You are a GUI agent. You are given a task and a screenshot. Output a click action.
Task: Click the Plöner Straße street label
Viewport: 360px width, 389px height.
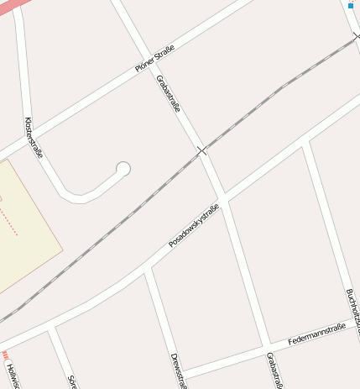click(155, 60)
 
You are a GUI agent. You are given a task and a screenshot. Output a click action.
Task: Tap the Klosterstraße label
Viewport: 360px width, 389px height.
click(34, 138)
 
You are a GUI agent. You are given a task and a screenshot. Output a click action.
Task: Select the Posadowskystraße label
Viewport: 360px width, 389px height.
click(193, 225)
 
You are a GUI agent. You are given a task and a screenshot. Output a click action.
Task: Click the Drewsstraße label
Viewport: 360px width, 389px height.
click(176, 371)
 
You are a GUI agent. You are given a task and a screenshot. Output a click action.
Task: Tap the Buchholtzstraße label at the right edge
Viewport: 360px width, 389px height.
click(352, 310)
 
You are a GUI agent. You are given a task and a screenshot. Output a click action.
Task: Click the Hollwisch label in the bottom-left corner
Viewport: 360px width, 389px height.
click(10, 375)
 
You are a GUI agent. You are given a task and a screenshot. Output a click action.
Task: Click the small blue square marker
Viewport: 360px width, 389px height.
click(350, 6)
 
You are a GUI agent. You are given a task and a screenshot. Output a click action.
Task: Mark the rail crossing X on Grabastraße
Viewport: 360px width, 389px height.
click(201, 150)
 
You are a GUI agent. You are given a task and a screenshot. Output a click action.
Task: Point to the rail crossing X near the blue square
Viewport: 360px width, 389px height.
click(357, 36)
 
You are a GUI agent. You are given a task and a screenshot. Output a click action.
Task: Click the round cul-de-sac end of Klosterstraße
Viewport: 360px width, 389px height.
click(123, 169)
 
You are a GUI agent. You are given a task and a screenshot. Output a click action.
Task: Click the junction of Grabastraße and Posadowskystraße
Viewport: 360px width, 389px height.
click(224, 199)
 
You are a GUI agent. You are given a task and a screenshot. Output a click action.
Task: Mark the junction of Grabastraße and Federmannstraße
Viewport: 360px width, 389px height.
click(267, 345)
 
